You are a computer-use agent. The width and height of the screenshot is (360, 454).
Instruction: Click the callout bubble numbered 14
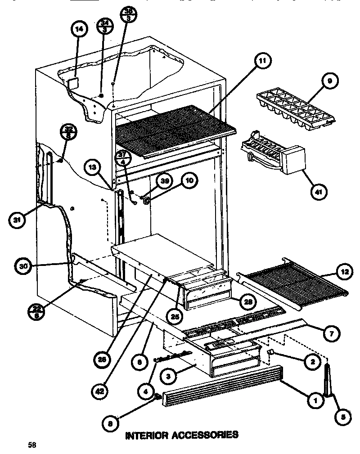coord(79,30)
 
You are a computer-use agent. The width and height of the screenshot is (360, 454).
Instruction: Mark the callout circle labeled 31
coord(17,220)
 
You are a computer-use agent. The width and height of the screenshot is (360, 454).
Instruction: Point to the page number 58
coord(31,445)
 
